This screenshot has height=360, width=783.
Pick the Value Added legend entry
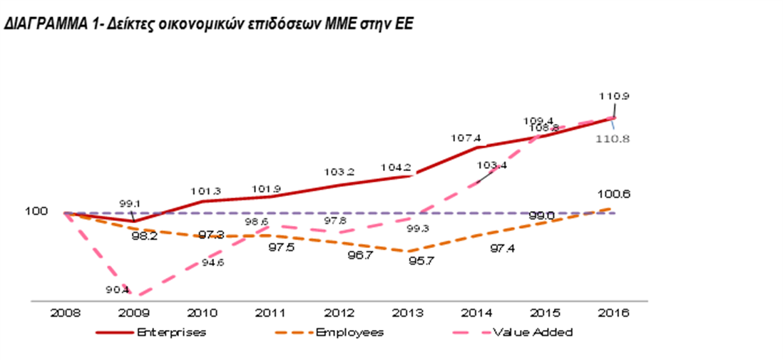(x=532, y=332)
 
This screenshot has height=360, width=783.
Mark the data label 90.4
(x=118, y=289)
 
